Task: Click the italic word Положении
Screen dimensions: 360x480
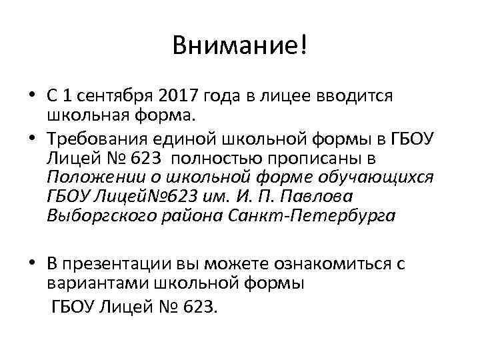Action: [x=91, y=178]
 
